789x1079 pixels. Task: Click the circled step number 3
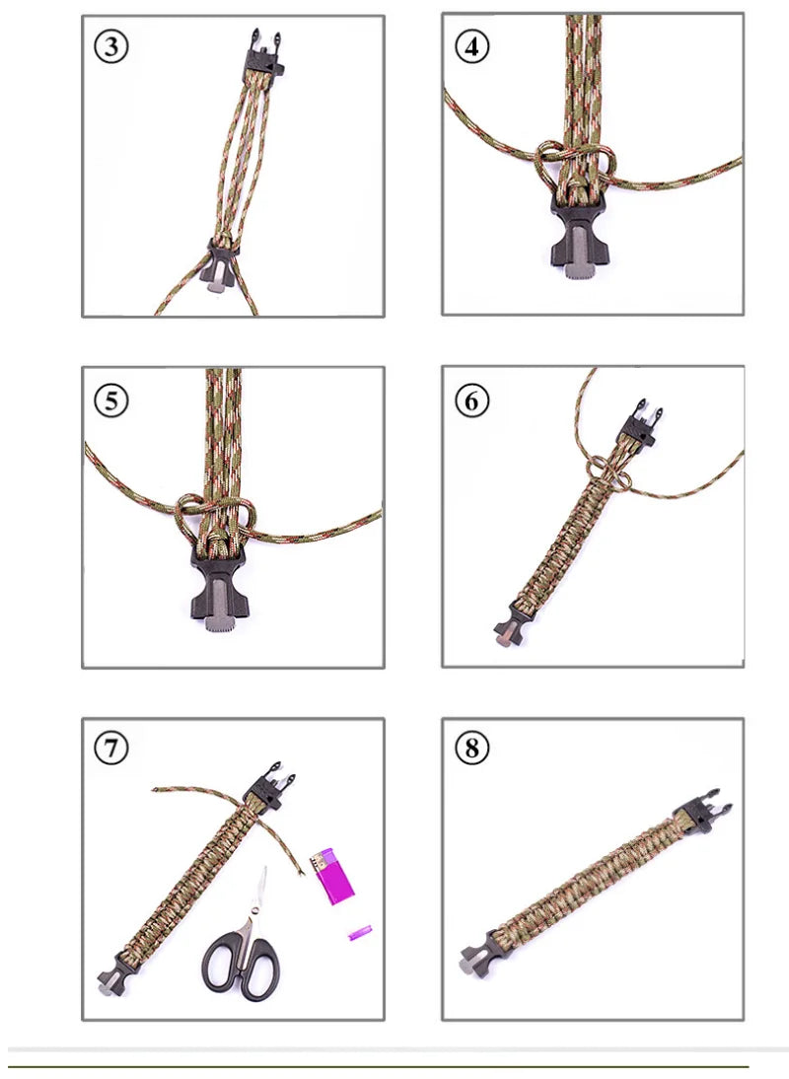(x=110, y=47)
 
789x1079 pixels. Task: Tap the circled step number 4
(x=471, y=47)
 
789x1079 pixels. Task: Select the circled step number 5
(x=110, y=400)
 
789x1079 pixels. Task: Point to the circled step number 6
(x=471, y=400)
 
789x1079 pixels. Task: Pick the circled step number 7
(x=110, y=748)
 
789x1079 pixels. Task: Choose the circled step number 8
(x=471, y=748)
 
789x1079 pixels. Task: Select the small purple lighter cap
(x=360, y=934)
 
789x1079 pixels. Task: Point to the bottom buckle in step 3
(x=222, y=263)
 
